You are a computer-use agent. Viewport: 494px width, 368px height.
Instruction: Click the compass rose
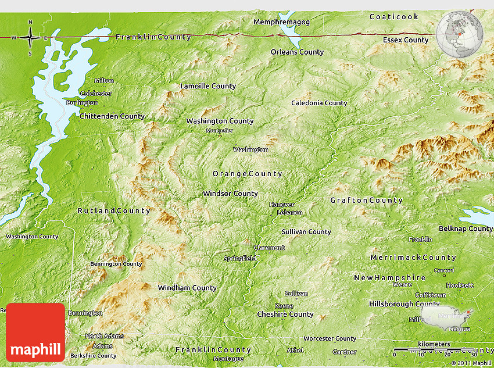30,38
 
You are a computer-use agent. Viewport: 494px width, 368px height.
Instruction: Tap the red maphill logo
35,332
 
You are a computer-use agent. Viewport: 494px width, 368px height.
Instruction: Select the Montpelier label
220,131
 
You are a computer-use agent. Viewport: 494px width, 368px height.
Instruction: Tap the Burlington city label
82,103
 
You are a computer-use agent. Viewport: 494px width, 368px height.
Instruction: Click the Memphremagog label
282,22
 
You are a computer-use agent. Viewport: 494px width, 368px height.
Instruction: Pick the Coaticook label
393,16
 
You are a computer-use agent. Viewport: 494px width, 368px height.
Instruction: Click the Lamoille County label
208,86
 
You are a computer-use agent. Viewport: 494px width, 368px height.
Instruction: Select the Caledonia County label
319,103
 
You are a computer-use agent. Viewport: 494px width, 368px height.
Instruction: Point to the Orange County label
247,174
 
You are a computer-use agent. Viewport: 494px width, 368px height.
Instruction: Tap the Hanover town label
282,205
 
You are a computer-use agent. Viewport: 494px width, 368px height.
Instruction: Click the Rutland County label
114,211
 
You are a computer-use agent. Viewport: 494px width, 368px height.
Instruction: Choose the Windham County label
187,288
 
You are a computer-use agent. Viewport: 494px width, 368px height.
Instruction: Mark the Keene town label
284,306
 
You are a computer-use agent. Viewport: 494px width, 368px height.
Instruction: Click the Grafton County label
366,201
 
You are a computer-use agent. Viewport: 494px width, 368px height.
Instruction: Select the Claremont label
269,248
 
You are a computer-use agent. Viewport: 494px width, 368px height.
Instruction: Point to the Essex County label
406,40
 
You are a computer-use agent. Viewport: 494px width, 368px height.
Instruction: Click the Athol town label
295,350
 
